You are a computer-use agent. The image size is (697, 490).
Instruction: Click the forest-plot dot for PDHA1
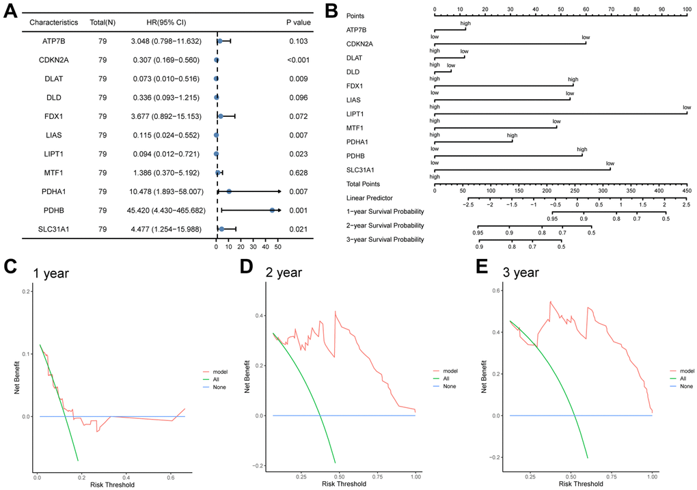click(x=229, y=192)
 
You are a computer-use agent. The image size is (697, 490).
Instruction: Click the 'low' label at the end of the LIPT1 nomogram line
click(x=686, y=107)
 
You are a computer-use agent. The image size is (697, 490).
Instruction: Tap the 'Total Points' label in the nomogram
click(x=365, y=184)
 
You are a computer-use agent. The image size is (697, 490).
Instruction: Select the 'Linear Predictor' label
click(x=370, y=198)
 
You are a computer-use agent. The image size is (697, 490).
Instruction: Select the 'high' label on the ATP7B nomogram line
click(x=465, y=23)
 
